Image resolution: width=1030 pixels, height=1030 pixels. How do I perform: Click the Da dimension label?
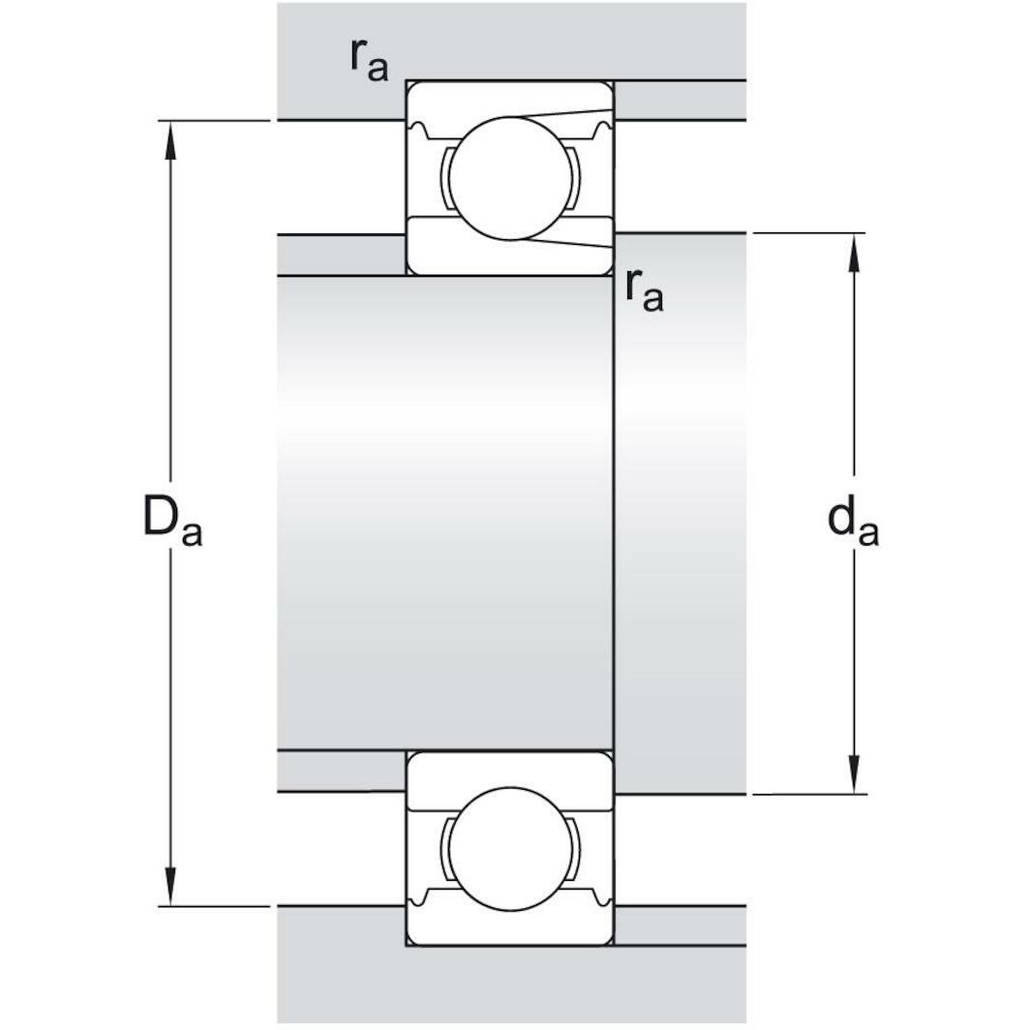coord(172,522)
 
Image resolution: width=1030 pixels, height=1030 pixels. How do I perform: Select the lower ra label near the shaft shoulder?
coord(644,290)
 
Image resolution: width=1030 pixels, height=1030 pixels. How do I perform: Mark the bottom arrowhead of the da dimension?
coord(854,775)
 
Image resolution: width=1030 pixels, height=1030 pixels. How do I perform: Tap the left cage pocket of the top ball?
coord(446,177)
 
